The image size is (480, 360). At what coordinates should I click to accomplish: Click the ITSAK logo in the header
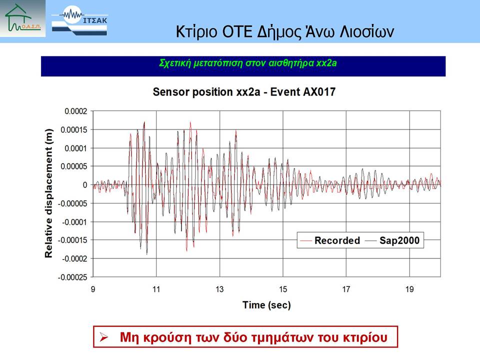(79, 21)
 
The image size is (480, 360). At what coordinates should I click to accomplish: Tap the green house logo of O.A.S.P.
(22, 18)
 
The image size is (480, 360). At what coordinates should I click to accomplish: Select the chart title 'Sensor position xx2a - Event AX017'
(244, 92)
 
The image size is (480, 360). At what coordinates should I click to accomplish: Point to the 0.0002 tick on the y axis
(75, 111)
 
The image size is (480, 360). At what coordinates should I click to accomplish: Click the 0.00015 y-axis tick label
(74, 130)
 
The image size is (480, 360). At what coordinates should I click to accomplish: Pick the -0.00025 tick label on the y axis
(72, 277)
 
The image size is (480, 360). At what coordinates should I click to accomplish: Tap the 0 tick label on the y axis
(85, 185)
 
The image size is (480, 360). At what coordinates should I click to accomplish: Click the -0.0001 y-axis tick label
(74, 222)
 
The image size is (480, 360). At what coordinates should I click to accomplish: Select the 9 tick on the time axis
(93, 289)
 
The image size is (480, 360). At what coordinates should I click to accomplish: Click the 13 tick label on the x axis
(219, 289)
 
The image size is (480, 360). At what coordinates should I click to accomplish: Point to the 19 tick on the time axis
(409, 289)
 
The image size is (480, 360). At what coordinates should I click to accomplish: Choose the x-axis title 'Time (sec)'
(266, 305)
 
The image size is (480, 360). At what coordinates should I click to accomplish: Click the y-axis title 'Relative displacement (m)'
(48, 193)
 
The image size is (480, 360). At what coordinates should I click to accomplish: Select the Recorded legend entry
(330, 240)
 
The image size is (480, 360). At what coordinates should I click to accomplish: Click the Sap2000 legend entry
(392, 240)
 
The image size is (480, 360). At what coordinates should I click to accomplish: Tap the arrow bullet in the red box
(104, 337)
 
